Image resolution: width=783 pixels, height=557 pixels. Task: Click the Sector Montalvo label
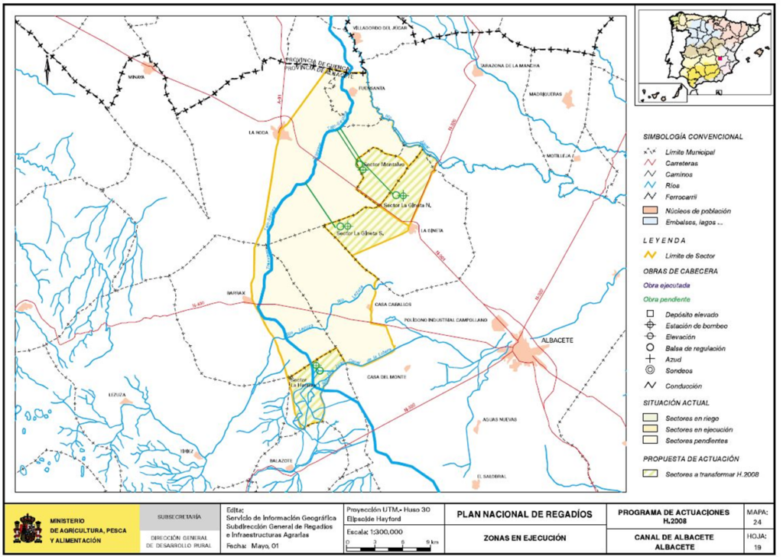[382, 164]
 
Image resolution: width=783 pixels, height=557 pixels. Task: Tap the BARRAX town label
[234, 293]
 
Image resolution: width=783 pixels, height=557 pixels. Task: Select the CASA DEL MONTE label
[386, 376]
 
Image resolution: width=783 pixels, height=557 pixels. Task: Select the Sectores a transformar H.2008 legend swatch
[650, 474]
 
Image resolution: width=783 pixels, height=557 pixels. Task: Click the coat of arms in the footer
[28, 529]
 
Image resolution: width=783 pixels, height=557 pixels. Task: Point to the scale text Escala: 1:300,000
[375, 529]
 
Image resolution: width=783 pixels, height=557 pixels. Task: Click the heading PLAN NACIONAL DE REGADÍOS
[524, 514]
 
